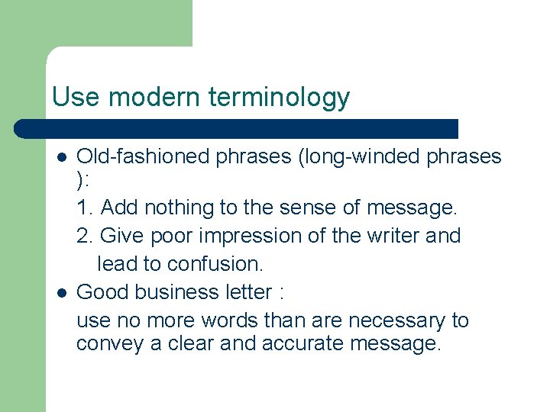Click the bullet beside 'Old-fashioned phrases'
pos(61,157)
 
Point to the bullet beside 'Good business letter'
pos(61,293)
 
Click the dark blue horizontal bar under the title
pos(237,128)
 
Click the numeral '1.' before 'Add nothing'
pos(86,208)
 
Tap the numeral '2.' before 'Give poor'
pos(86,236)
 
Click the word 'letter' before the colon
pos(248,292)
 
